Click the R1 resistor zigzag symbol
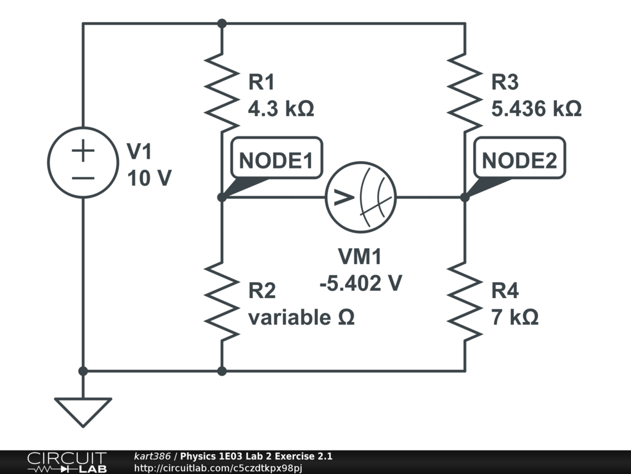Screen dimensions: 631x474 [222, 93]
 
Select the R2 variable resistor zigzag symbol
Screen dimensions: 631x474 [222, 301]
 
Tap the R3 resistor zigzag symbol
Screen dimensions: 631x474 [465, 93]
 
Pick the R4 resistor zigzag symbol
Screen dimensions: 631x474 [465, 301]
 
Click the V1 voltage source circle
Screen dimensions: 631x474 [83, 162]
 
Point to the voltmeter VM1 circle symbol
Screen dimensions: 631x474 [360, 197]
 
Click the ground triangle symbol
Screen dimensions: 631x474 [83, 412]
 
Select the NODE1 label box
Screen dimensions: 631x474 [277, 158]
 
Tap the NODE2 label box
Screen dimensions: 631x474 [519, 158]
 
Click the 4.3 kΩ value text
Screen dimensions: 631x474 [281, 109]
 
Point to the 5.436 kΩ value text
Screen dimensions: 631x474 [536, 109]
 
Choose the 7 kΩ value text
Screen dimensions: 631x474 [515, 317]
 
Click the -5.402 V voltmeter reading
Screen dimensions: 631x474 [361, 283]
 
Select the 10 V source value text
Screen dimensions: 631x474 [149, 178]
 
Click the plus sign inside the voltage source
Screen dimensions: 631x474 [83, 151]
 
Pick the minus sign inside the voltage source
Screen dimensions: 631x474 [83, 178]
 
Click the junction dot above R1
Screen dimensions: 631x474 [222, 24]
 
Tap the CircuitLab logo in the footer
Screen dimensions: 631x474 [67, 462]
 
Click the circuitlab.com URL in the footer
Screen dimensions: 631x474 [218, 468]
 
